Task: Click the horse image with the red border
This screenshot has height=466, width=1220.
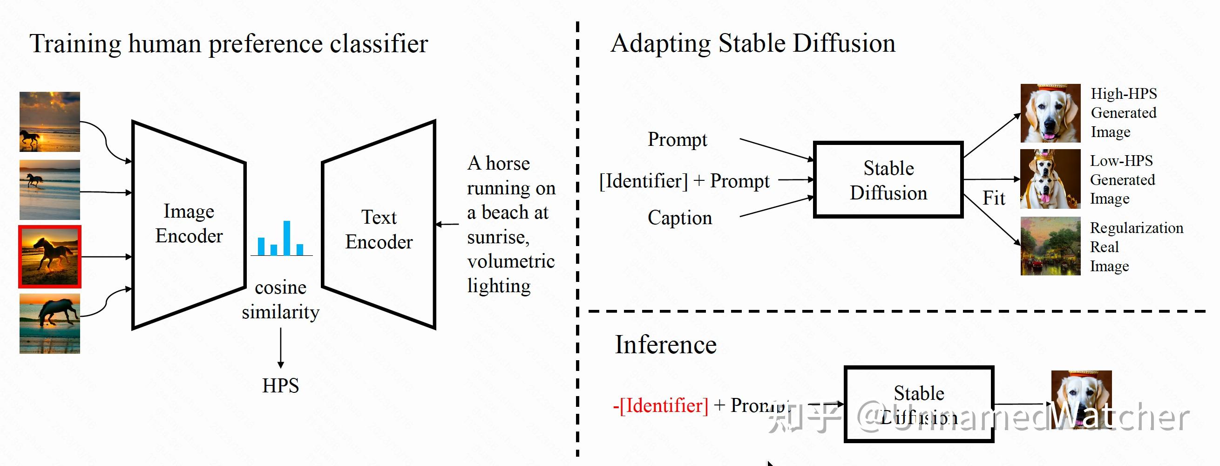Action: pos(50,257)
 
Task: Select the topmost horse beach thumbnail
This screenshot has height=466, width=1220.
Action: pos(50,122)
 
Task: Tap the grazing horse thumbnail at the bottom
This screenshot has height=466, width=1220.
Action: pos(50,323)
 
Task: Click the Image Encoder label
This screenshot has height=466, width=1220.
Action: pos(189,223)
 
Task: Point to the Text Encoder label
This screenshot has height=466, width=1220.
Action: pos(379,229)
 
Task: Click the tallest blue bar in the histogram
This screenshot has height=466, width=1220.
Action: pos(287,238)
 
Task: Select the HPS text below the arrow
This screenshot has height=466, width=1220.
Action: pos(281,385)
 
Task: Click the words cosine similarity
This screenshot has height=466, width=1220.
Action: pos(281,300)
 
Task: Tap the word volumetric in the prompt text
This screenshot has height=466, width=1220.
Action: pos(510,261)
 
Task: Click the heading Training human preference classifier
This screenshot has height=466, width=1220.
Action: pos(229,44)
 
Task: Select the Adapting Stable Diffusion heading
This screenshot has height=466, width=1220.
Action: pos(753,43)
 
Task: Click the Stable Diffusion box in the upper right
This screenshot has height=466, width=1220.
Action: pos(888,180)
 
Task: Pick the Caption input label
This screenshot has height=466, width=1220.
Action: pos(680,218)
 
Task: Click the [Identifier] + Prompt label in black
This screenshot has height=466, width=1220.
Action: pos(685,181)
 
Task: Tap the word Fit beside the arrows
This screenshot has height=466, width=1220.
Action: pos(993,198)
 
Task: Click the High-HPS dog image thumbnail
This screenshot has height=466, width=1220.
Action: pos(1050,113)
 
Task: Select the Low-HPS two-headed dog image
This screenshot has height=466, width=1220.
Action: pos(1050,179)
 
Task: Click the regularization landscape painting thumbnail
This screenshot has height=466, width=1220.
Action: pos(1050,246)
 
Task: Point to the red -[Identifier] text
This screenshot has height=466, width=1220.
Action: pos(661,406)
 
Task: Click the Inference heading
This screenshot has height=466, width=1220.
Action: pos(665,345)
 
